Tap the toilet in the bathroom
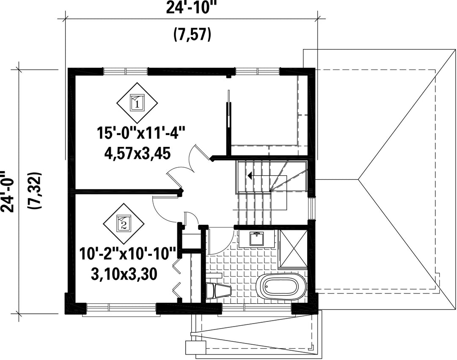point(219,291)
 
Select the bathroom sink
point(256,238)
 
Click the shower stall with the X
point(293,249)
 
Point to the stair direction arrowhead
point(250,176)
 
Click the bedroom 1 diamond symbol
point(137,102)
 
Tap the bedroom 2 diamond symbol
point(124,224)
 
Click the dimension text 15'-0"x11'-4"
point(141,135)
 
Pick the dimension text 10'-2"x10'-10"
point(128,253)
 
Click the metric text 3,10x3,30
point(124,274)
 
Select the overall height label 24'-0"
point(8,192)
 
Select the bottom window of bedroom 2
point(121,308)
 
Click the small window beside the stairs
point(312,209)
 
